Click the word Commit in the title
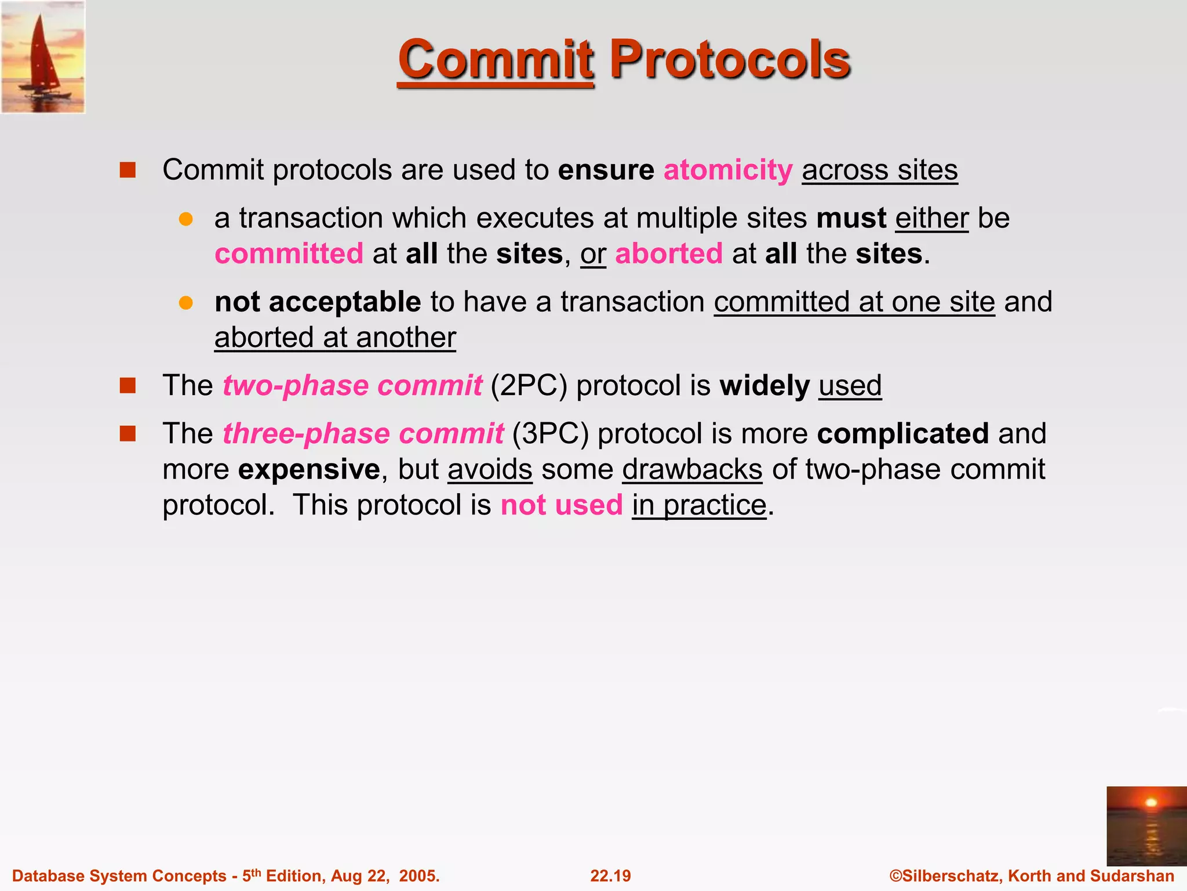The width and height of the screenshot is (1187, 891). [x=496, y=59]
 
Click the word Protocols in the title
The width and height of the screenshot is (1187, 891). [x=730, y=59]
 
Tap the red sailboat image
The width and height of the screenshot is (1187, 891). [x=43, y=57]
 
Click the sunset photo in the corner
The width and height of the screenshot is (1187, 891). [x=1146, y=825]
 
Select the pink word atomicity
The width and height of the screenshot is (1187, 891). [x=728, y=170]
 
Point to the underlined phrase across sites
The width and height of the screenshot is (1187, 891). [x=879, y=170]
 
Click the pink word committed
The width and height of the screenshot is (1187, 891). [x=289, y=253]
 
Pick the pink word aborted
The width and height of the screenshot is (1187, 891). [x=669, y=253]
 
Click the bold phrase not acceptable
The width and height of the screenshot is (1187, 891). [x=318, y=302]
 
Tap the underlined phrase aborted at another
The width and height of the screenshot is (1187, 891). [x=335, y=338]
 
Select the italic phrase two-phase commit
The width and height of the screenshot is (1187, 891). [x=352, y=385]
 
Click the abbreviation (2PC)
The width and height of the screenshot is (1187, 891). [x=529, y=385]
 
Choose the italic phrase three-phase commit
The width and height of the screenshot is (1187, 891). [x=363, y=433]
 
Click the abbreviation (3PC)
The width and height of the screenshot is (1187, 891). [x=550, y=433]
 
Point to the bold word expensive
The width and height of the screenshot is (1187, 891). [x=309, y=469]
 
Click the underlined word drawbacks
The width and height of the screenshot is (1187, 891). [x=692, y=469]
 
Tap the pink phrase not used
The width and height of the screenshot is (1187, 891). [x=561, y=505]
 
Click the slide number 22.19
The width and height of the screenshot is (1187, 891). [x=610, y=876]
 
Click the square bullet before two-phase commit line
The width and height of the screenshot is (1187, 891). [x=128, y=385]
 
